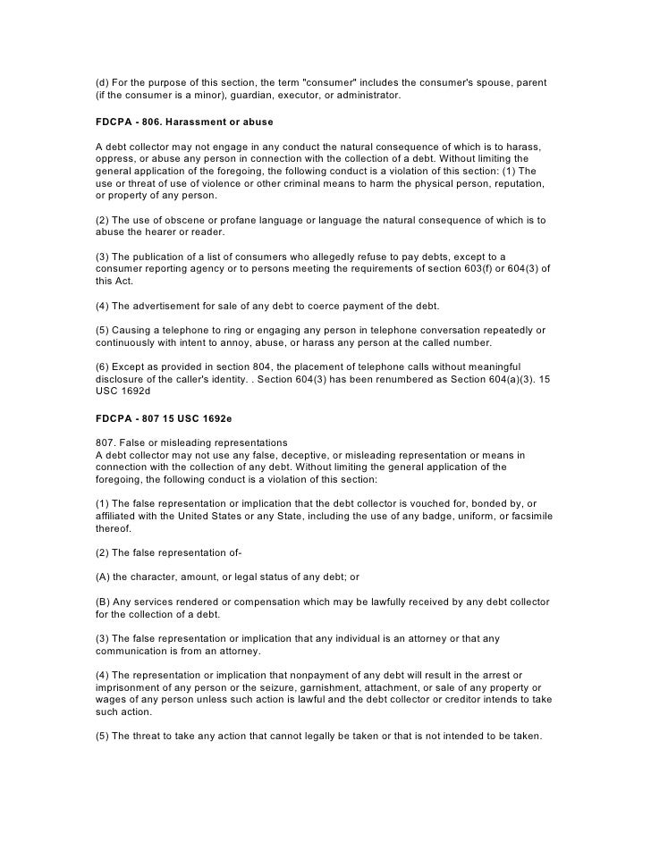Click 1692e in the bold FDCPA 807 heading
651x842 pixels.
click(211, 417)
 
